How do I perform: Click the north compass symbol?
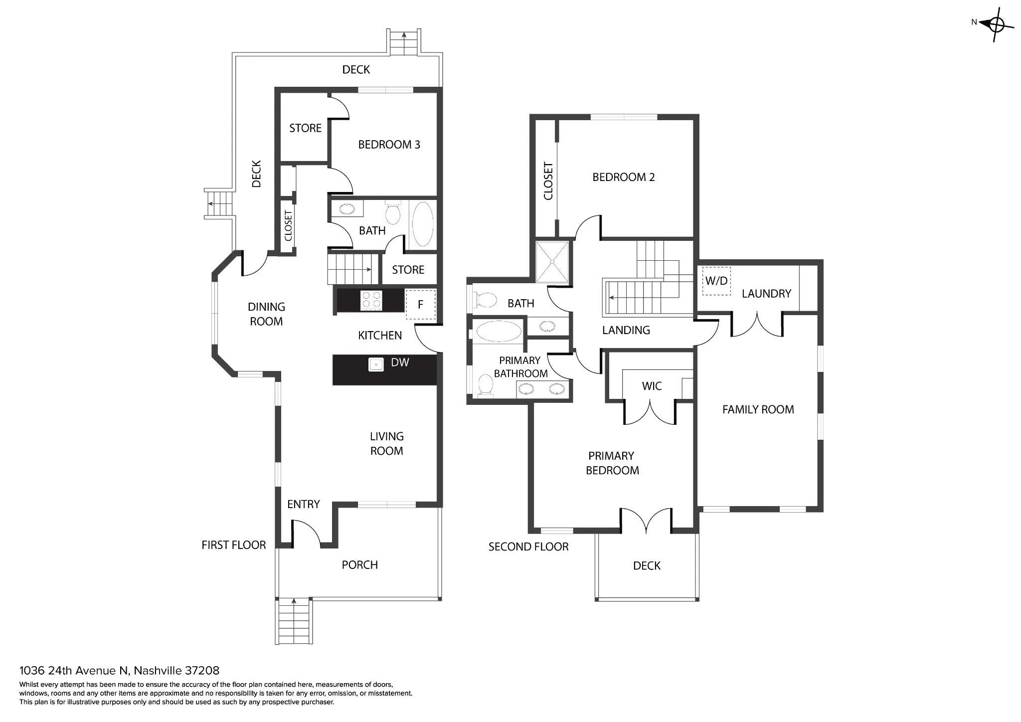(996, 24)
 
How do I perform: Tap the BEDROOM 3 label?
(389, 145)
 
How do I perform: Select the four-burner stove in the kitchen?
(371, 300)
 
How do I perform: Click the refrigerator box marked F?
(420, 304)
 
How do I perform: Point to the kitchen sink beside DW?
(376, 364)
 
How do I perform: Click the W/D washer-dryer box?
(716, 281)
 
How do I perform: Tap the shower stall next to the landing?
(552, 262)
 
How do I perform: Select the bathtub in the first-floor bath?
(423, 224)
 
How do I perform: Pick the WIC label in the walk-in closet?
(652, 386)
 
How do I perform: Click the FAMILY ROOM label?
(758, 409)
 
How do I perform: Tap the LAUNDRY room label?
(766, 294)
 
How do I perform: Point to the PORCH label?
(359, 565)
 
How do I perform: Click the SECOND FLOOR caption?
(528, 546)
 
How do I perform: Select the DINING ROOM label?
(266, 314)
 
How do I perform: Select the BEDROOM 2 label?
(623, 177)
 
